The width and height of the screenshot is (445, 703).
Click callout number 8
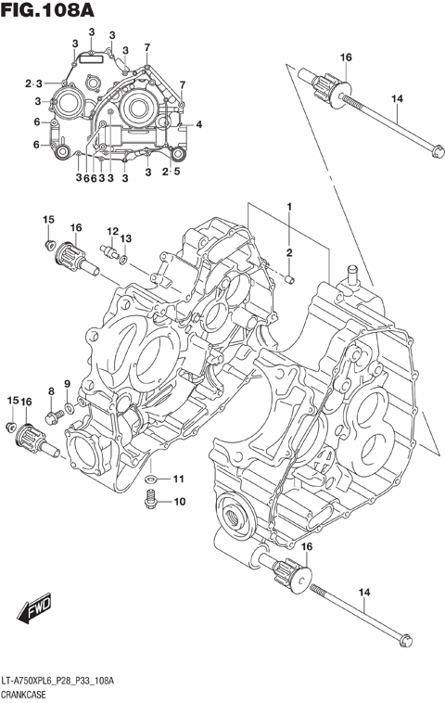(52, 392)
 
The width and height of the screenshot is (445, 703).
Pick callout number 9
(67, 384)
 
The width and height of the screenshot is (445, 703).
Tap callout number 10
(179, 502)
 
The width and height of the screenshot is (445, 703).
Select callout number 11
(179, 479)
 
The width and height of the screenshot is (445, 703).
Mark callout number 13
(126, 238)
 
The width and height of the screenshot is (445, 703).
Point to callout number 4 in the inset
(198, 124)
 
